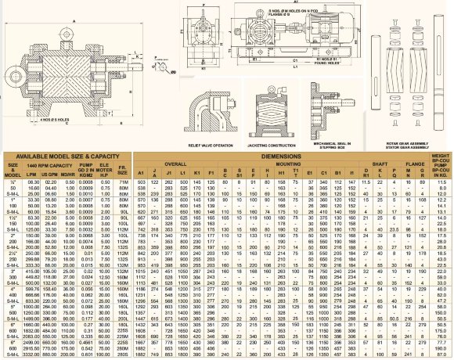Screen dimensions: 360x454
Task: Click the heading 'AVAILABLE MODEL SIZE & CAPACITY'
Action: [x=67, y=156]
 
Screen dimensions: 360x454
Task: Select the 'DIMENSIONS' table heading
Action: [x=282, y=156]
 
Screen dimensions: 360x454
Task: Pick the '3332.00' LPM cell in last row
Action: [x=32, y=353]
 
